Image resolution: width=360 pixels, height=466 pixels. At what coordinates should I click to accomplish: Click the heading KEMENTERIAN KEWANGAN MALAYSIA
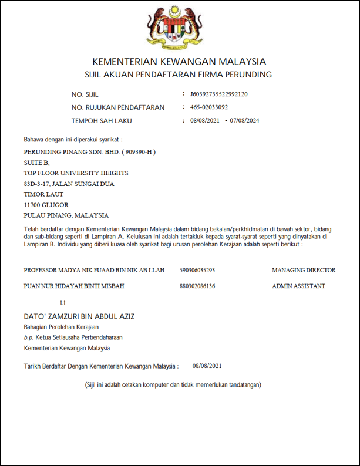coord(179,62)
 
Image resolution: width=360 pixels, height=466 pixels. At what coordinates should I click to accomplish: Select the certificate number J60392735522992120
coord(218,94)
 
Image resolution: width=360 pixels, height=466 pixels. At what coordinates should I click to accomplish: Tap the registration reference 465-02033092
coord(209,107)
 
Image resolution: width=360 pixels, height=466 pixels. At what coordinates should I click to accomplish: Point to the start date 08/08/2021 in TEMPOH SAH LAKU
coord(205,121)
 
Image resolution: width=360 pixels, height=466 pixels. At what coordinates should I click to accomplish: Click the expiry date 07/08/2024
coord(245,121)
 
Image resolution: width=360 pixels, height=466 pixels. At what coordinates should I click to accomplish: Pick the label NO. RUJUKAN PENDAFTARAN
coord(117,108)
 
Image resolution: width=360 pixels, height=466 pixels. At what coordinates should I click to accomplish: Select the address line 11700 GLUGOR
coord(46,205)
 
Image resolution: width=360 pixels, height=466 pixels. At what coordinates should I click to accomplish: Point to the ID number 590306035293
coord(197,271)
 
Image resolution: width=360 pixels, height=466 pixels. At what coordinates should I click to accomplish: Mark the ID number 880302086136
coord(197,286)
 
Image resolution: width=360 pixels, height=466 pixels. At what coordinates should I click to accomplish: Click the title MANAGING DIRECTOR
coord(304,271)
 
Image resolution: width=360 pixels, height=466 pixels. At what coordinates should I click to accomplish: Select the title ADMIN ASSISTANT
coord(298,286)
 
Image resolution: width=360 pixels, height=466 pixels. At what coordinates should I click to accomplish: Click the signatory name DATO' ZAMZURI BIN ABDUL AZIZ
coord(79,316)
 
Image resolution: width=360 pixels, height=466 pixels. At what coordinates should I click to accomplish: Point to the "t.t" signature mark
coord(63,303)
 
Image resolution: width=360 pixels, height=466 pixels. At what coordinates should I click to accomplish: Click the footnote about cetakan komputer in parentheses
coord(173,384)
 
